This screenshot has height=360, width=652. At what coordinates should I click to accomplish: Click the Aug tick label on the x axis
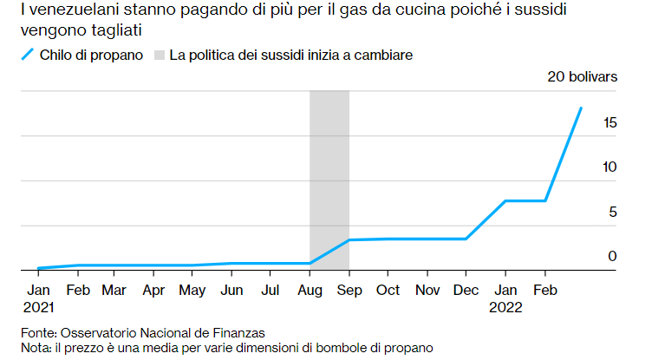coord(310,290)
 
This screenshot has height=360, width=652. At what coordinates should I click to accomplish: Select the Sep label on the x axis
coord(349,290)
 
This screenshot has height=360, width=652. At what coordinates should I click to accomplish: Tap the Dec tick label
coord(466,290)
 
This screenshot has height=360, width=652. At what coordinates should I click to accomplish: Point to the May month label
coord(192,290)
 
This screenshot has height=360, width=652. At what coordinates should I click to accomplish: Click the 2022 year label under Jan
coord(505,306)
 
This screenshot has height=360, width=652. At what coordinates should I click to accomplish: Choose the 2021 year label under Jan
coord(39,306)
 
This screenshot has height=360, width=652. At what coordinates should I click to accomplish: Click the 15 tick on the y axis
coord(610,123)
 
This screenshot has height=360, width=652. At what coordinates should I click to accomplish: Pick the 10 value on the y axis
coord(610,167)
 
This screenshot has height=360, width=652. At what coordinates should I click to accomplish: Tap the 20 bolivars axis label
coord(582,76)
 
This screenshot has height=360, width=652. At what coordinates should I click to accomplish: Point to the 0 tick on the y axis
coord(612,256)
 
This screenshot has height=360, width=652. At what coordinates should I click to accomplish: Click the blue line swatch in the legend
coord(27,55)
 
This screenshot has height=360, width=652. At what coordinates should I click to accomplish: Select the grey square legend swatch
coord(160,55)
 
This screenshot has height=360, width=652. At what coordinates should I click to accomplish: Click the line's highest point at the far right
coord(581,108)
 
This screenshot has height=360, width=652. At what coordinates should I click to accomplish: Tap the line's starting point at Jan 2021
coord(39,268)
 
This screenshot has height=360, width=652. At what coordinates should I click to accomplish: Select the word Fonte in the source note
coord(38,332)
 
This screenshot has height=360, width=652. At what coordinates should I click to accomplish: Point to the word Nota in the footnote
coord(36,347)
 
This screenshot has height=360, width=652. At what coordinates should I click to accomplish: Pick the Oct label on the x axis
coord(388,290)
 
